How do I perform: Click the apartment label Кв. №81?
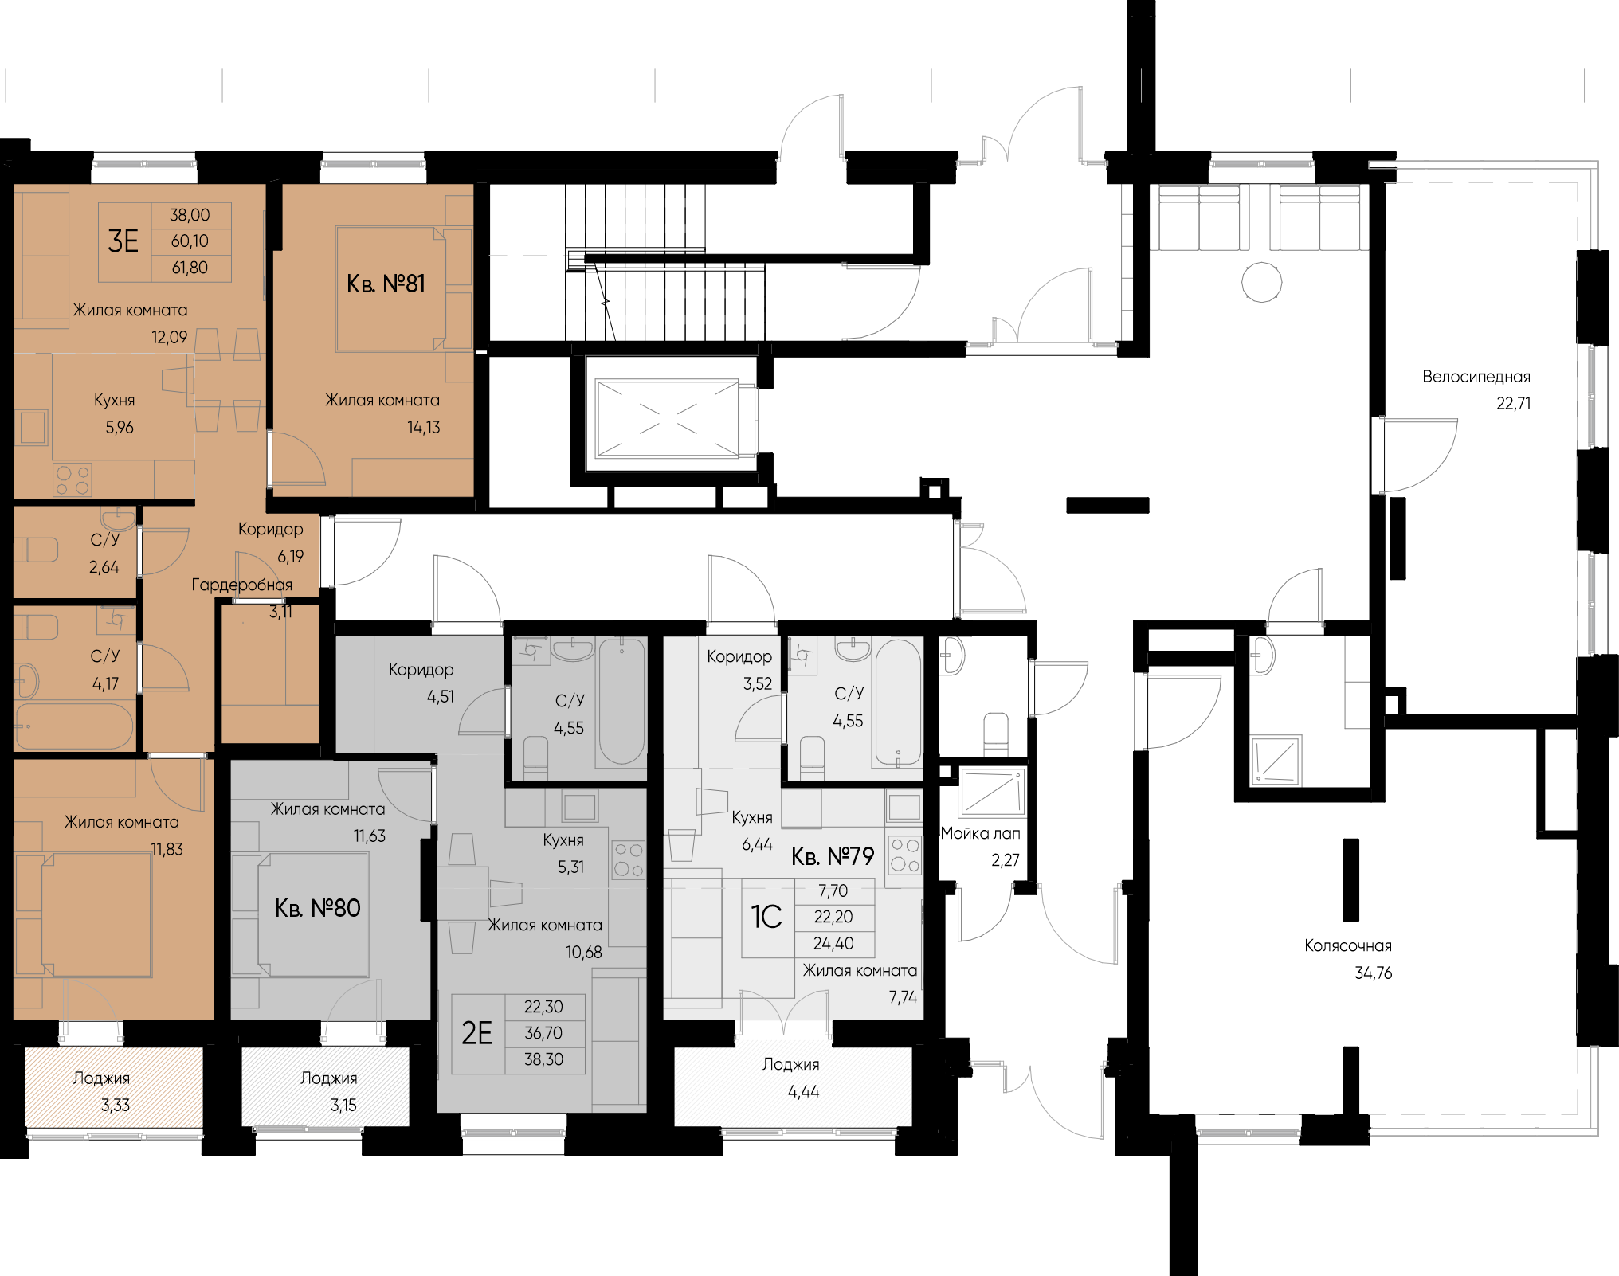[386, 284]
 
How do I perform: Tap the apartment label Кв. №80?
[317, 908]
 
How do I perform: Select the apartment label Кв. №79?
[833, 856]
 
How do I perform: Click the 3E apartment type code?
[123, 241]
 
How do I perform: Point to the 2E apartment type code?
[477, 1033]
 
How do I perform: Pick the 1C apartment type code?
[766, 917]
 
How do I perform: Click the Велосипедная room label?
[1476, 377]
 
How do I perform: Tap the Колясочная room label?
[1348, 946]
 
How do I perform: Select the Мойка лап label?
[980, 834]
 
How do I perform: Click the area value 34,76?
[1373, 973]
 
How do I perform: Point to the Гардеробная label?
[241, 585]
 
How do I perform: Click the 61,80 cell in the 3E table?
[190, 268]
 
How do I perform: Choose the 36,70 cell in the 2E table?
[543, 1033]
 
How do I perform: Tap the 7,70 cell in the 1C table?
[833, 890]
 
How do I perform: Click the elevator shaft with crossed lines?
[668, 419]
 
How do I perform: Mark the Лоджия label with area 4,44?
[790, 1064]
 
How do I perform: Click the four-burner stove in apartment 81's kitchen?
[73, 479]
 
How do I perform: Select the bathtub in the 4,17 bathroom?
[74, 726]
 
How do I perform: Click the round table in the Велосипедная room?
[1262, 282]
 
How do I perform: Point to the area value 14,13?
[423, 428]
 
